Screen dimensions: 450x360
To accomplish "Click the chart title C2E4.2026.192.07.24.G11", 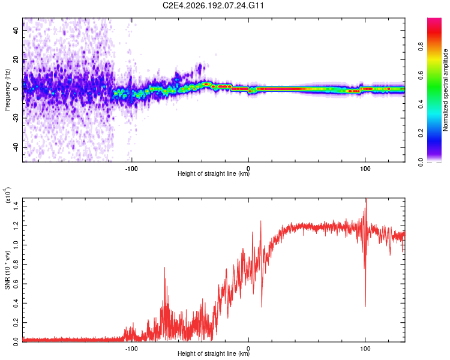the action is [213, 5].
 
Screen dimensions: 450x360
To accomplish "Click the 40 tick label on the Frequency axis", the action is [16, 31].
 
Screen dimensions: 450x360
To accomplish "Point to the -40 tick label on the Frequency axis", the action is [16, 147].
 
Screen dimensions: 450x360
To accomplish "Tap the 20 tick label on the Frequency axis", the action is [16, 60].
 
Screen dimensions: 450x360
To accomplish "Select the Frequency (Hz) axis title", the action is [7, 90].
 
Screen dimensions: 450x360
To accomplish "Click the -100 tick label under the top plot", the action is [131, 169].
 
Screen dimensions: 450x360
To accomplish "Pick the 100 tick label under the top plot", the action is [365, 169].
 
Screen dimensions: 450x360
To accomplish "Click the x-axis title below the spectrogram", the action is [214, 173].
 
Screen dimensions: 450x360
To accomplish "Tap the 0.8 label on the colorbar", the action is [421, 47].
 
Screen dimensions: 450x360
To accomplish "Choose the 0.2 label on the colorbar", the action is [421, 133].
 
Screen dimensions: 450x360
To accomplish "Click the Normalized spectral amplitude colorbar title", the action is [445, 90].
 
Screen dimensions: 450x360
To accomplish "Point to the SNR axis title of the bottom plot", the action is [7, 270].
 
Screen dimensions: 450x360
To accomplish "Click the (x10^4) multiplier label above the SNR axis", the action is [8, 195].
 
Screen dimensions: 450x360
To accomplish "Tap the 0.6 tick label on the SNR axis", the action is [16, 284].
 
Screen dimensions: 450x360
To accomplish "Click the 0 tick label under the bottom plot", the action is [248, 349].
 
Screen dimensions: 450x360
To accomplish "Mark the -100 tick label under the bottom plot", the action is [131, 349].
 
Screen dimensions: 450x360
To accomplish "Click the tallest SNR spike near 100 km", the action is [366, 199].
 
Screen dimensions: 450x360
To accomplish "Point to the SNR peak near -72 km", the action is [165, 268].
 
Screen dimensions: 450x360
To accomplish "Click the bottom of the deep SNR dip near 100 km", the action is [365, 307].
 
